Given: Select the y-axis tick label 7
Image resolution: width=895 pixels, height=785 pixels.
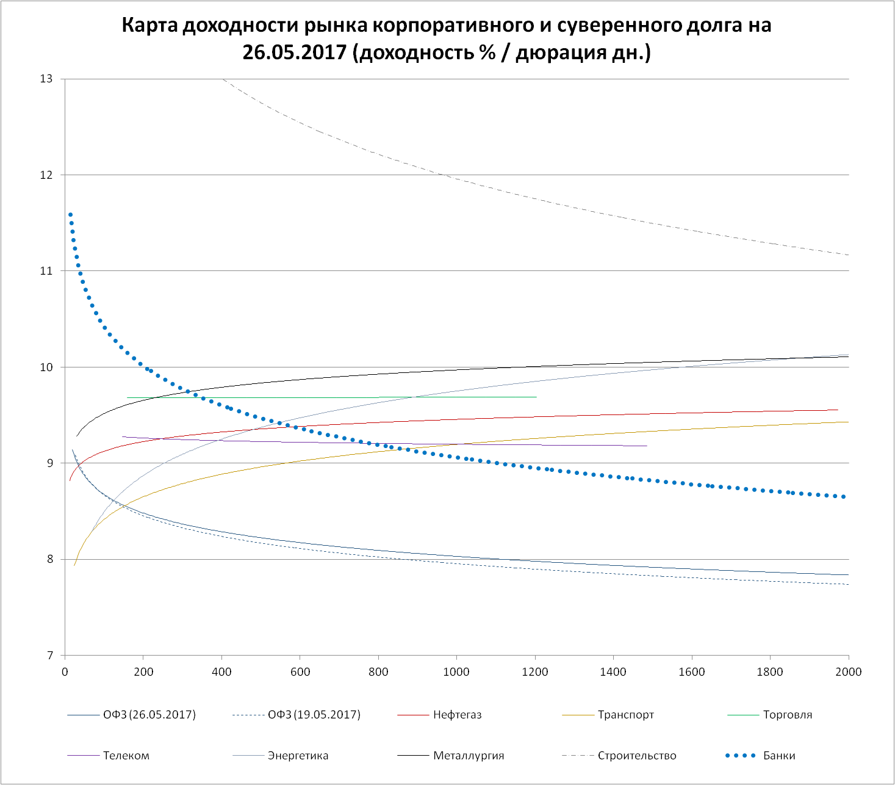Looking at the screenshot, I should pos(49,656).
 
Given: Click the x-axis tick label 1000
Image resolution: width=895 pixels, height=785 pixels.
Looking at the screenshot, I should pos(456,672).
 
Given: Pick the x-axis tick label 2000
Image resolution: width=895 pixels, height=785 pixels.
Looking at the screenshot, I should pos(848,672).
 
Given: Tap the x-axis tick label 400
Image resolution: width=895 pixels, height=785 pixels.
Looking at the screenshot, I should pos(221,672).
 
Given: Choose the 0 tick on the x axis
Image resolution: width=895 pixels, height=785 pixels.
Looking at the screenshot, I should pos(65,672).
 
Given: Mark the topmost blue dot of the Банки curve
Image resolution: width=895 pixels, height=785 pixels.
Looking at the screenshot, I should pos(70,215).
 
